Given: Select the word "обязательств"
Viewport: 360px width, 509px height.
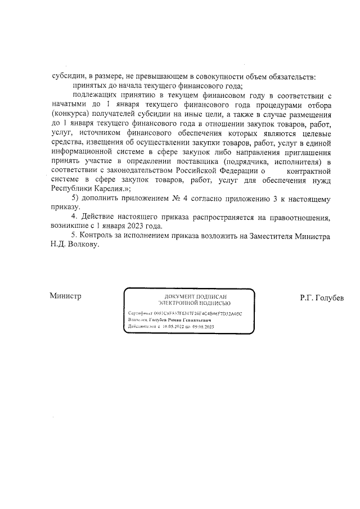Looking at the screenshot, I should tap(292, 76).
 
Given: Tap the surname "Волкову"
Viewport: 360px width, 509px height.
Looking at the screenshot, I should tap(82, 246).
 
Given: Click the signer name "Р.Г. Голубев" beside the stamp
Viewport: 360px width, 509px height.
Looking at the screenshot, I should tap(321, 298).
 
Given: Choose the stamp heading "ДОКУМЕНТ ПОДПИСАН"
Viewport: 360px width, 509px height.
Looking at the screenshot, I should tap(189, 296).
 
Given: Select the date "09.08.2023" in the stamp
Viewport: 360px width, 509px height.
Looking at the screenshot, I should tap(204, 326).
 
